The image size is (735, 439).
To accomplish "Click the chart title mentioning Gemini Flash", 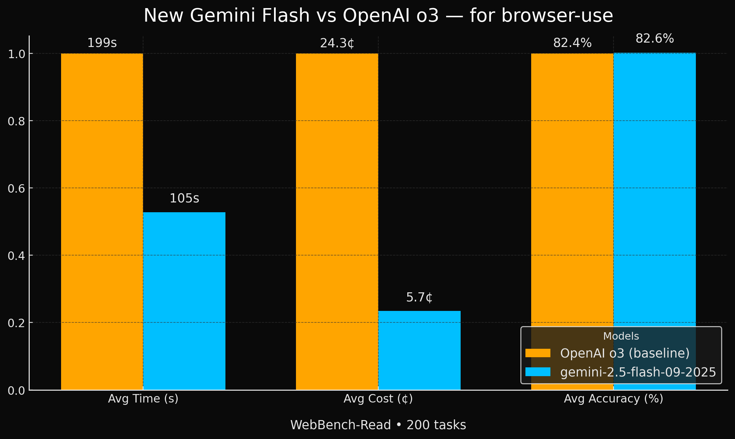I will (378, 16).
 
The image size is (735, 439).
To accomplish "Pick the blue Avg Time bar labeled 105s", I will (184, 301).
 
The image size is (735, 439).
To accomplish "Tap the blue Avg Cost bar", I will (419, 350).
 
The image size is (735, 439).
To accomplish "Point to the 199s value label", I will (102, 43).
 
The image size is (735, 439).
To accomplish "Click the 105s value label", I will (184, 198).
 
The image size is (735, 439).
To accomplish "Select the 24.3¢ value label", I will (337, 43).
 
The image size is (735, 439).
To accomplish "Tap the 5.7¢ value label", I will (419, 297).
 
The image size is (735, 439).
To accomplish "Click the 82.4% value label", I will (572, 43).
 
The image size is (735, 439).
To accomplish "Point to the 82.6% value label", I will (655, 39).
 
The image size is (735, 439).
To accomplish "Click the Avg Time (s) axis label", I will (143, 399).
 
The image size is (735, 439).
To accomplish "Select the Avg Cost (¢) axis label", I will (378, 399).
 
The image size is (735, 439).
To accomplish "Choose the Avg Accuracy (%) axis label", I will (614, 399).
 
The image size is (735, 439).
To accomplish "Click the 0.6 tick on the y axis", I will (16, 189).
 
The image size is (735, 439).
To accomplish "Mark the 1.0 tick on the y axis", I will (16, 54).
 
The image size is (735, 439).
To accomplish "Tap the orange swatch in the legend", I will (538, 353).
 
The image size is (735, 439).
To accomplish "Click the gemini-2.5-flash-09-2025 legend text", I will (638, 372).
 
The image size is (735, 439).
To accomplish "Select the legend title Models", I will (621, 336).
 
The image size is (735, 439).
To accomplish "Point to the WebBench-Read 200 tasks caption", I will (378, 425).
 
